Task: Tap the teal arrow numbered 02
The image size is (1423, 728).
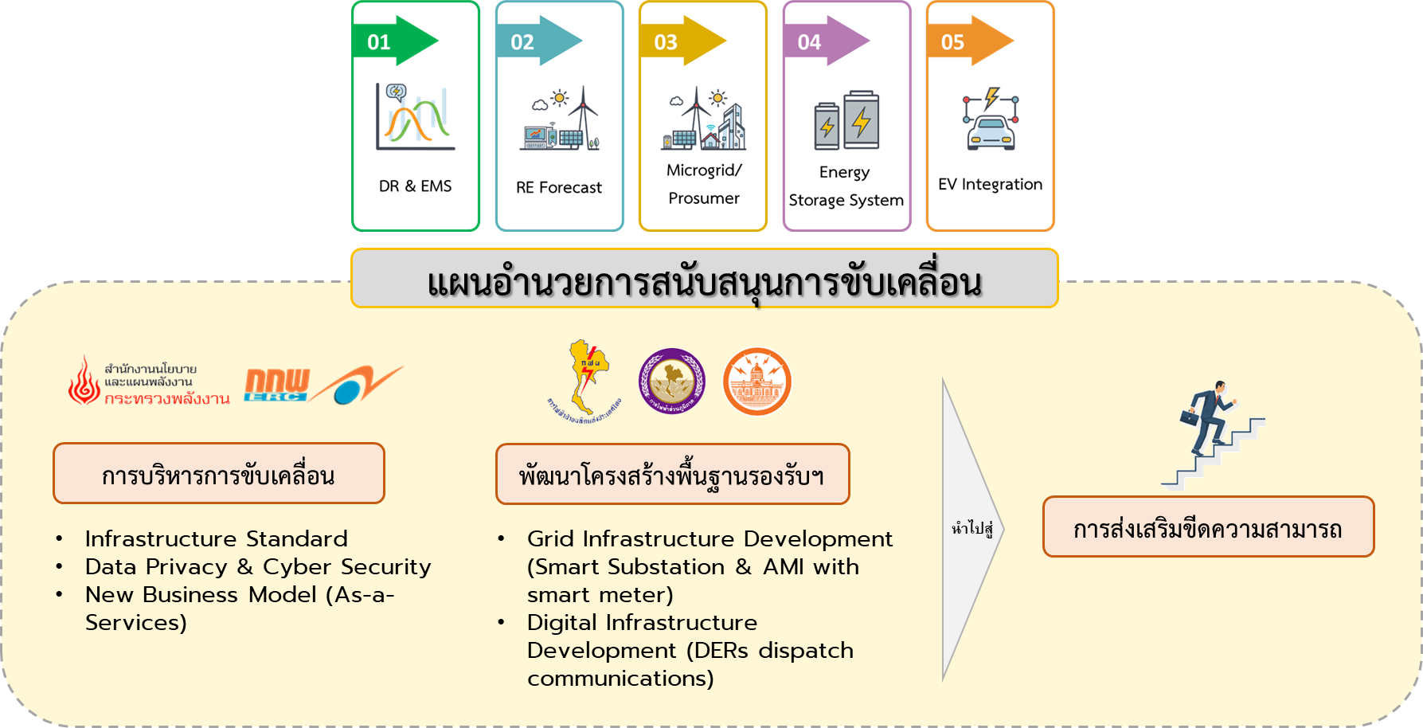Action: click(x=538, y=41)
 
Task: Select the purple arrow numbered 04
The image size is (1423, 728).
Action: click(x=825, y=41)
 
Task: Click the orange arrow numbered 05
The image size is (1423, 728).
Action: click(x=968, y=41)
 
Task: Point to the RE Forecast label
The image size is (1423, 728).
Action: click(x=559, y=188)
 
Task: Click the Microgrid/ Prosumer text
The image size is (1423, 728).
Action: click(x=704, y=184)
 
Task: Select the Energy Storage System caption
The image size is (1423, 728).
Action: click(x=846, y=186)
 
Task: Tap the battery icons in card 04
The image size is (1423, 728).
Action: click(x=846, y=120)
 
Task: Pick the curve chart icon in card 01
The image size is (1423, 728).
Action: click(x=415, y=117)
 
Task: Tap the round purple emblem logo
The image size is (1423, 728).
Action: click(x=672, y=382)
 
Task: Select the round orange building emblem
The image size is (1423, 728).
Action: click(x=756, y=382)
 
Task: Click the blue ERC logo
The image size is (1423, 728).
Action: click(x=276, y=386)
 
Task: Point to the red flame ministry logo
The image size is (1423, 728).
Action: click(x=84, y=381)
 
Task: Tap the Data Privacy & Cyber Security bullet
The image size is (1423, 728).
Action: click(x=257, y=567)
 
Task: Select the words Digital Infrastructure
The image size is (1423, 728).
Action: click(x=642, y=623)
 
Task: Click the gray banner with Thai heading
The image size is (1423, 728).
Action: click(x=704, y=280)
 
